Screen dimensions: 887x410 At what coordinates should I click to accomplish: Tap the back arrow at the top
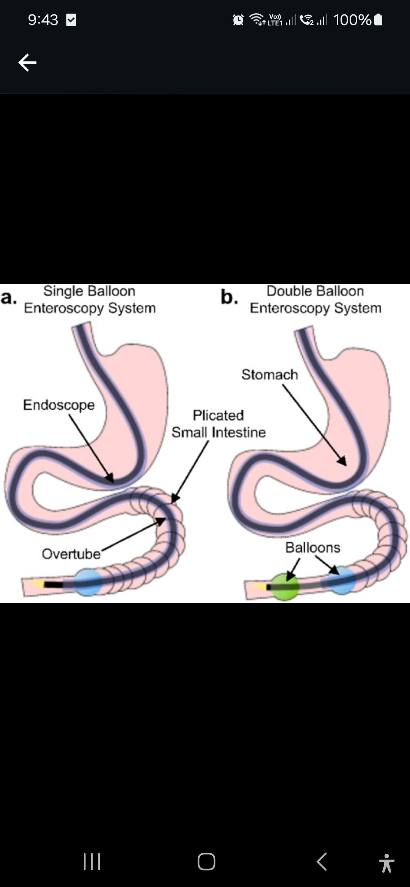click(x=27, y=63)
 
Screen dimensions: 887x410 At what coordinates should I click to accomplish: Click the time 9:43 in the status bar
click(x=43, y=20)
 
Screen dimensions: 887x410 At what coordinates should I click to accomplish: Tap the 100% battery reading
click(x=352, y=20)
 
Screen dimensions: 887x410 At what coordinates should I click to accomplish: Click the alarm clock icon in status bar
click(x=238, y=20)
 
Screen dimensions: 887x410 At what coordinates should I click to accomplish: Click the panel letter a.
click(x=8, y=298)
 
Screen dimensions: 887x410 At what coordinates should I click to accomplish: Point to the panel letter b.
click(x=229, y=297)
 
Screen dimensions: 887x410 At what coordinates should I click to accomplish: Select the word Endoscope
click(x=59, y=405)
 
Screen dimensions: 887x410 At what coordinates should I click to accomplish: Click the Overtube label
click(x=71, y=554)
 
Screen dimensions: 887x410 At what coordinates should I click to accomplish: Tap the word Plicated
click(x=218, y=415)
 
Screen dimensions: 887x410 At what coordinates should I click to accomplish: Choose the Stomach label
click(x=270, y=375)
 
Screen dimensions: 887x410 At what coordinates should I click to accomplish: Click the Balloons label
click(x=313, y=547)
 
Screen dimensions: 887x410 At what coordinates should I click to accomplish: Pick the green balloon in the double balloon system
click(x=285, y=587)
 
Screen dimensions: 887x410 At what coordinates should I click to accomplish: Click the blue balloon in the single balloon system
click(x=88, y=582)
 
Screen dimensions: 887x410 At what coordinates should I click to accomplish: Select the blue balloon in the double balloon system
click(x=342, y=580)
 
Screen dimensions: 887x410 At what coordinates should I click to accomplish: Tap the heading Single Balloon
click(x=89, y=291)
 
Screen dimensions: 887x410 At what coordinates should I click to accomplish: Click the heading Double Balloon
click(x=315, y=291)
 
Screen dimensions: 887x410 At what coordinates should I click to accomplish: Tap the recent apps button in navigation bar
click(x=91, y=862)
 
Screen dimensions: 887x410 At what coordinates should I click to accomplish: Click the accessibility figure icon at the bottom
click(x=386, y=863)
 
